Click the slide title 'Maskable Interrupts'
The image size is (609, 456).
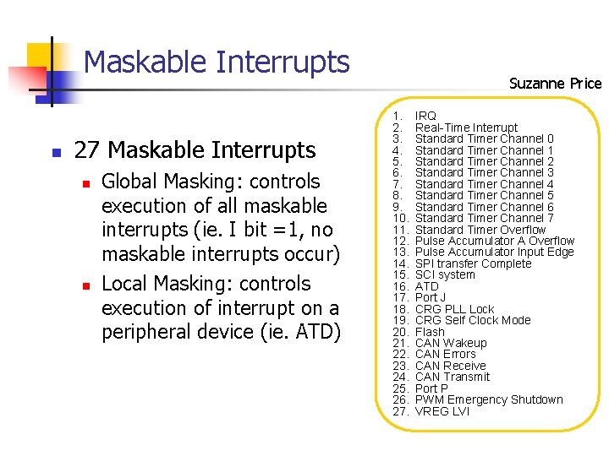click(x=217, y=62)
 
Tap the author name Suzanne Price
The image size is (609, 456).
click(x=555, y=83)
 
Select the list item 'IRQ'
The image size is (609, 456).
click(x=425, y=116)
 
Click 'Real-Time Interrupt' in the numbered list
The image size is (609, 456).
click(x=466, y=128)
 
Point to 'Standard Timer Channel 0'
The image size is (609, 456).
click(x=484, y=138)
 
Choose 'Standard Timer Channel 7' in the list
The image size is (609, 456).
click(x=484, y=218)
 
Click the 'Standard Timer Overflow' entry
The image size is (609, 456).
click(x=480, y=230)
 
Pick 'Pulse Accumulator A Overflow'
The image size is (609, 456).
click(x=495, y=241)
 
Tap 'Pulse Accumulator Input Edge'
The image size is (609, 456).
click(x=494, y=252)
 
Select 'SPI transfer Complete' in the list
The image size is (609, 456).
click(x=473, y=263)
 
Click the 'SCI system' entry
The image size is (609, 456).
click(x=445, y=274)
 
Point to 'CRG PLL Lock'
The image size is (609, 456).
click(x=454, y=309)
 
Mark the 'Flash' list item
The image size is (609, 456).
click(x=430, y=332)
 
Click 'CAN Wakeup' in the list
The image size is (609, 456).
click(x=451, y=343)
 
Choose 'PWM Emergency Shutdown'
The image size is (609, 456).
click(x=489, y=399)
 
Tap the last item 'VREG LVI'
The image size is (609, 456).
click(x=442, y=411)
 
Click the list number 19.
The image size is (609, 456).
click(x=401, y=320)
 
